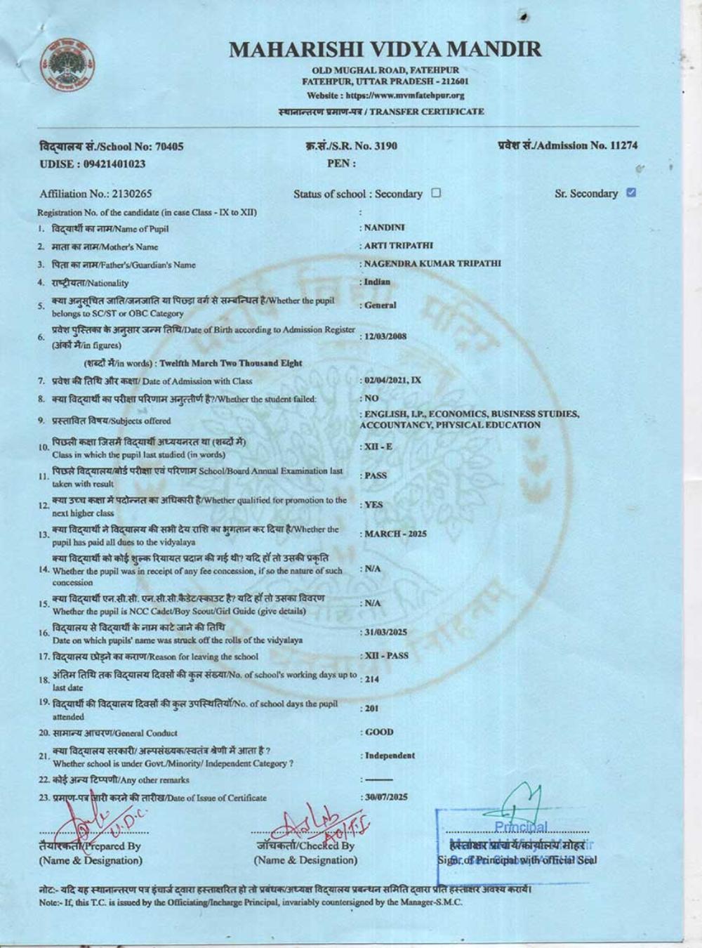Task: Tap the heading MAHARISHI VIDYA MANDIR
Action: coord(385,49)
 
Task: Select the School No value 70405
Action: coord(168,147)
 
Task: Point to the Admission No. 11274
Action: coord(623,145)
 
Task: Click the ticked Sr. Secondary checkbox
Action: coord(630,192)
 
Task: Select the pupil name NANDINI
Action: coord(385,228)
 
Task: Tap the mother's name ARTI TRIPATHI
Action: coord(399,246)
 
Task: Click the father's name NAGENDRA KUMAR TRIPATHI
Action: coord(432,263)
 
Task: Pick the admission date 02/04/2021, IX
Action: coord(392,380)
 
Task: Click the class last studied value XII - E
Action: coord(379,447)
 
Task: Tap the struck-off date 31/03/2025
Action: coord(385,632)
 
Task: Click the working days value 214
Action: coord(372,679)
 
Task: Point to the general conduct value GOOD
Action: coord(379,732)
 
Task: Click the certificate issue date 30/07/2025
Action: coord(385,797)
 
